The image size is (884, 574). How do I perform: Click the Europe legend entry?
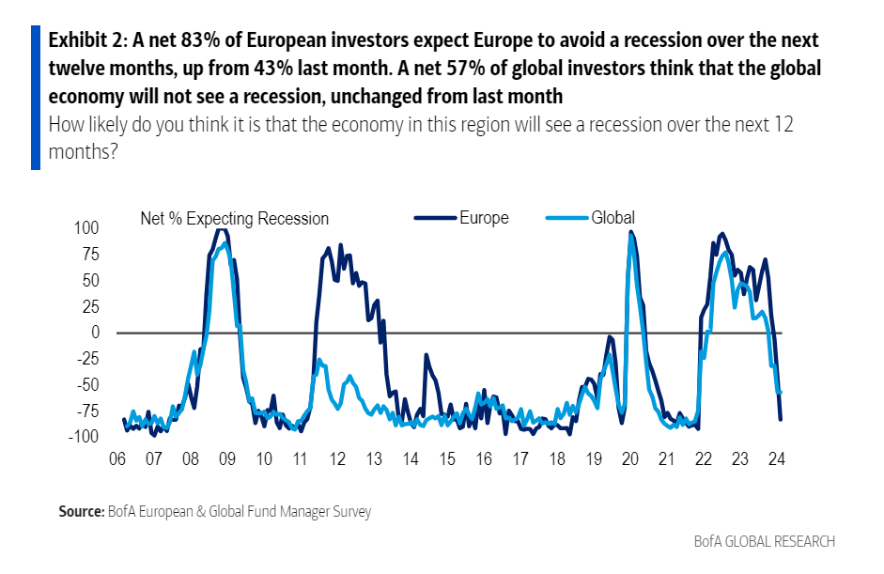coord(483,218)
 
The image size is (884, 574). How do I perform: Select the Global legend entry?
coord(613,218)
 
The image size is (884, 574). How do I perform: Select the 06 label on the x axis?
coord(117,459)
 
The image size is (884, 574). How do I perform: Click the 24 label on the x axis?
coord(777,459)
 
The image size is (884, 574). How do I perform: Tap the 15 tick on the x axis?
coord(446,459)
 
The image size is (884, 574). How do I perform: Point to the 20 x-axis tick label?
coord(629,459)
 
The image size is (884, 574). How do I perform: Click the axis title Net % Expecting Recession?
coord(234,219)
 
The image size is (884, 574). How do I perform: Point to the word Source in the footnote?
coord(79,512)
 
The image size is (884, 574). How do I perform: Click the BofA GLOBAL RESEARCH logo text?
coord(764,541)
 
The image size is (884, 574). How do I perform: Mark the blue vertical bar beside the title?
coord(36,97)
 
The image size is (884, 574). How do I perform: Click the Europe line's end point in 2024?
coord(781,419)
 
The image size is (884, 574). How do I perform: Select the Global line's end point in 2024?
coord(781,392)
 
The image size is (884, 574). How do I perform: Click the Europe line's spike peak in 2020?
coord(629,231)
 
